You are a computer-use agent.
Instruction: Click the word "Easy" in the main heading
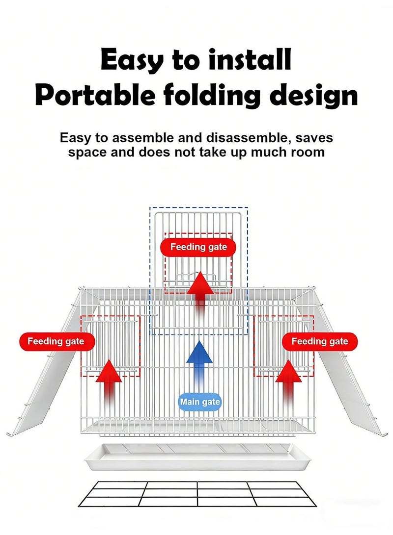click(132, 60)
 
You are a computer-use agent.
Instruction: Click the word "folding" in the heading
click(211, 96)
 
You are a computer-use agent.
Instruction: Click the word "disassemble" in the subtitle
click(244, 138)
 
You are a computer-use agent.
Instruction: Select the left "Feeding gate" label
click(56, 341)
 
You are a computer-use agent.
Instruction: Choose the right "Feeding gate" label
click(319, 341)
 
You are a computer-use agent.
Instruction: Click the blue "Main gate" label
click(199, 403)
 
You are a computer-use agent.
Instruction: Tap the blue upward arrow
click(199, 363)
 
